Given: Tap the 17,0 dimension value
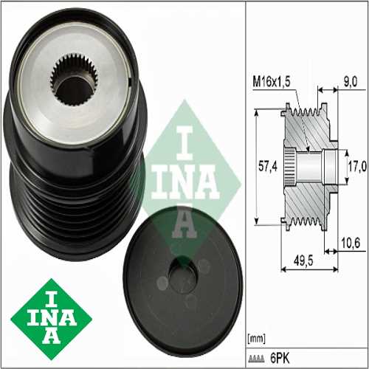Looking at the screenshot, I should pyautogui.click(x=356, y=166).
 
